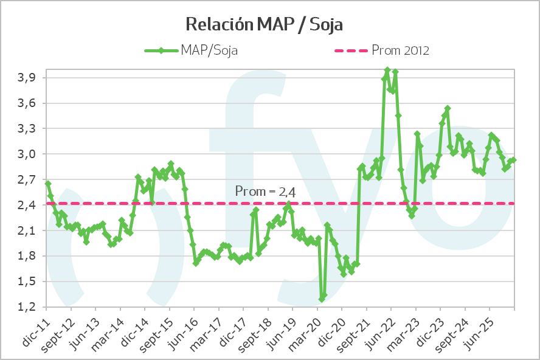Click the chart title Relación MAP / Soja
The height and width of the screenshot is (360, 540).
pyautogui.click(x=265, y=24)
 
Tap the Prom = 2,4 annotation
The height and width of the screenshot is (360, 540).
pyautogui.click(x=265, y=192)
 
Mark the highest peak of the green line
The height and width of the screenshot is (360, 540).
pyautogui.click(x=387, y=71)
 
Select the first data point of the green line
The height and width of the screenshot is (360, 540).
pyautogui.click(x=48, y=184)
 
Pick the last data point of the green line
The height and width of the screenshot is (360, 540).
pyautogui.click(x=514, y=160)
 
